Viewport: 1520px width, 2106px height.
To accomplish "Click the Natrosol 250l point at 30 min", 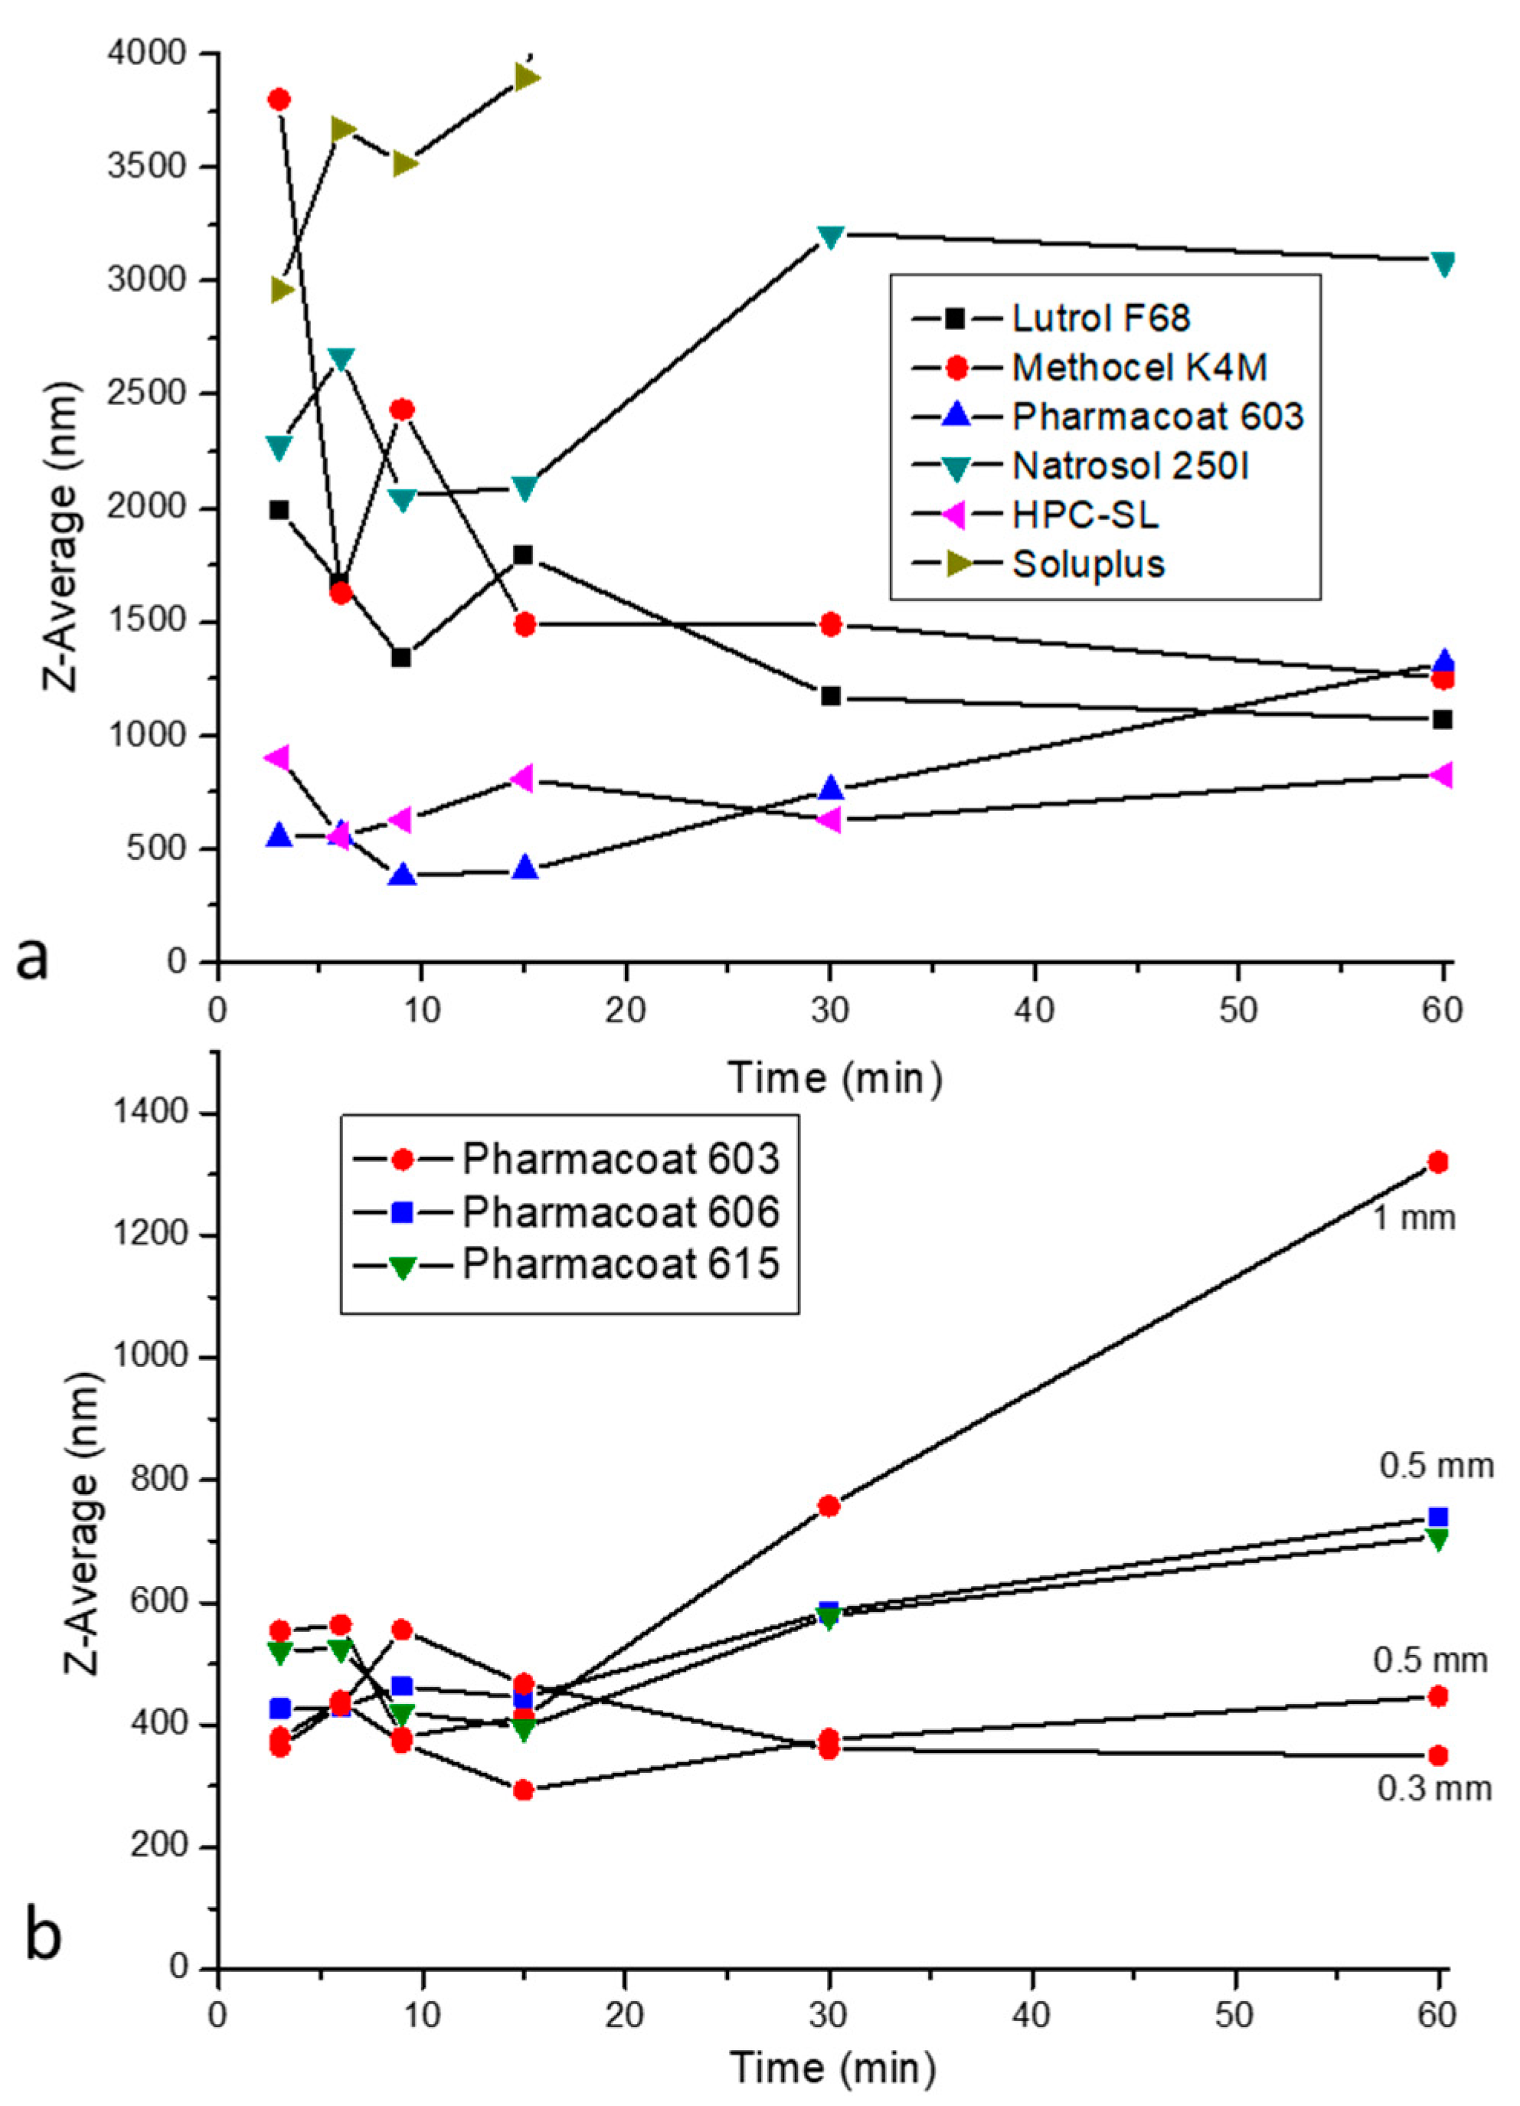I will tap(831, 237).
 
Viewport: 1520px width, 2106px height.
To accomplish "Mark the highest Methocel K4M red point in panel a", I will tap(279, 100).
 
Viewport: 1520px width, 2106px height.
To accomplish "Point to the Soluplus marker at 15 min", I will tap(527, 77).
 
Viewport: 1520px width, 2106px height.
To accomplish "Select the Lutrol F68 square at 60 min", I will tap(1442, 720).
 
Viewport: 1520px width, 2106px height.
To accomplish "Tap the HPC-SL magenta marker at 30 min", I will tap(829, 820).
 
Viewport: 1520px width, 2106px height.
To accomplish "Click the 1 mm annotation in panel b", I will tap(1414, 1218).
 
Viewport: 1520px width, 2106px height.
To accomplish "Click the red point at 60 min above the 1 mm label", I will tap(1438, 1162).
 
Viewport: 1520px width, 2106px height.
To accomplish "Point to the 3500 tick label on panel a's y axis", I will tap(152, 168).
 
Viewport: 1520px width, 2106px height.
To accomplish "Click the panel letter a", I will tap(31, 957).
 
